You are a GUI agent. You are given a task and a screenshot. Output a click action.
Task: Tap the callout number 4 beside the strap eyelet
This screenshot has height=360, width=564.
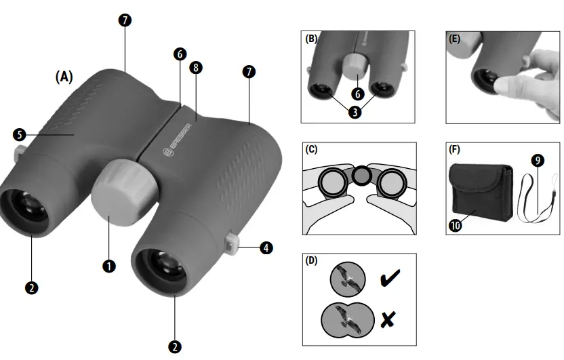click(267, 248)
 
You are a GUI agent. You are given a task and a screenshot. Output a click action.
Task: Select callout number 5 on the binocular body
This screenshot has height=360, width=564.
click(19, 134)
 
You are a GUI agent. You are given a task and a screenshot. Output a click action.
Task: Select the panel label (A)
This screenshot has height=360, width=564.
click(64, 77)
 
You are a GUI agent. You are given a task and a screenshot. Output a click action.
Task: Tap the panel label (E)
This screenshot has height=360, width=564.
click(455, 39)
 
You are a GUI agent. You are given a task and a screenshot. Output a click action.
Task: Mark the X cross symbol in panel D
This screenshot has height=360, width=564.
click(388, 319)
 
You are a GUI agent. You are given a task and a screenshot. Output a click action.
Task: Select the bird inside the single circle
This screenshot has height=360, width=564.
click(346, 279)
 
